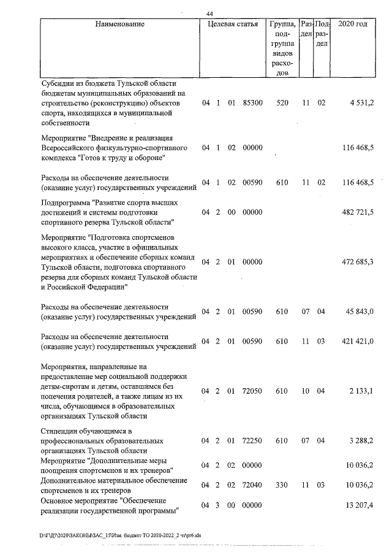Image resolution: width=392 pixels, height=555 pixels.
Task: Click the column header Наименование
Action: [120, 25]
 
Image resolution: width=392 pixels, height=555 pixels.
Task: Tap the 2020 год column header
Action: [353, 25]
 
